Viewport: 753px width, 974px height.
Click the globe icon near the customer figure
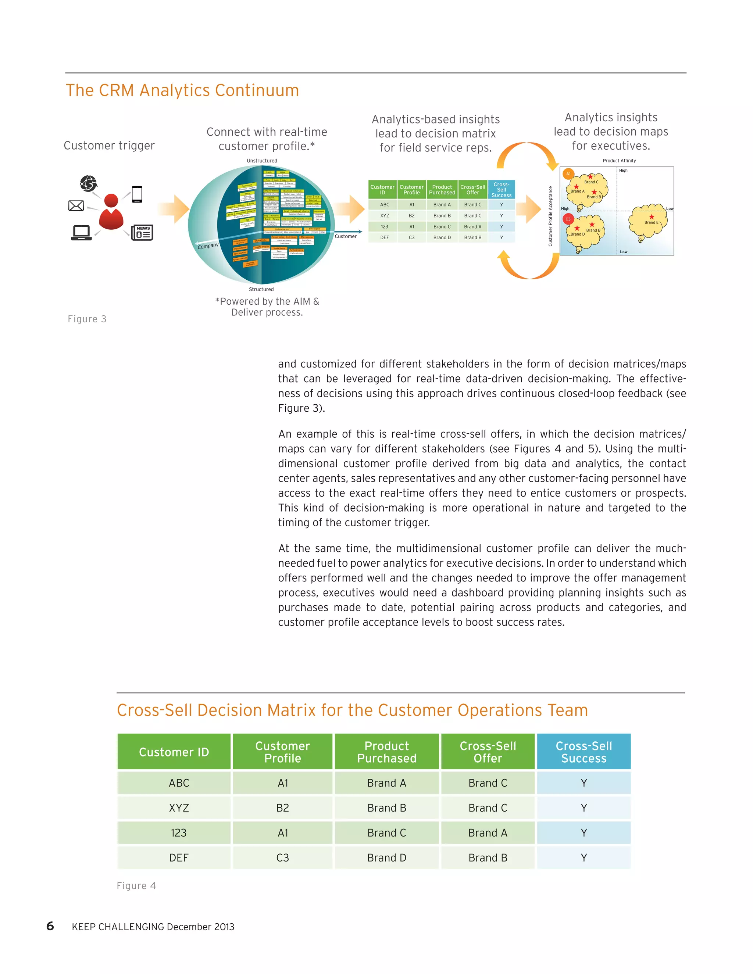pyautogui.click(x=88, y=183)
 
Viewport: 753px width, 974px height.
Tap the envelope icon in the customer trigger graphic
pyautogui.click(x=76, y=205)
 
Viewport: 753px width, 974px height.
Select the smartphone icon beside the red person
pyautogui.click(x=137, y=194)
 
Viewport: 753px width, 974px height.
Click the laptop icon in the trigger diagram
pyautogui.click(x=82, y=233)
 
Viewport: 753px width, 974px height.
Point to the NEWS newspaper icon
pyautogui.click(x=142, y=232)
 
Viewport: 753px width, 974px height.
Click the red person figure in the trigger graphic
pyautogui.click(x=111, y=212)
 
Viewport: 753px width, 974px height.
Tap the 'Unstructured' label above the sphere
pyautogui.click(x=262, y=161)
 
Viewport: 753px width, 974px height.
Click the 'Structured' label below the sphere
pyautogui.click(x=261, y=289)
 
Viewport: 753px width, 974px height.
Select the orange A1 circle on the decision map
pyautogui.click(x=568, y=174)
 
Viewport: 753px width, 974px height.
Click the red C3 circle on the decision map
pyautogui.click(x=568, y=219)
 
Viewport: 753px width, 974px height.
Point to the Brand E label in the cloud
pyautogui.click(x=651, y=222)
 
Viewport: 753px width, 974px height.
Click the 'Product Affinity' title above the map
pyautogui.click(x=619, y=161)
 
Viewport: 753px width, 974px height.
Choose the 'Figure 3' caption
pyautogui.click(x=87, y=319)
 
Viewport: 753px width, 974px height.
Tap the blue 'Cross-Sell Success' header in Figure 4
pyautogui.click(x=584, y=752)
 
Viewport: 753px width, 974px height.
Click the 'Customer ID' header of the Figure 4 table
pyautogui.click(x=174, y=752)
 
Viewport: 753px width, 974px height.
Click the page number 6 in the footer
pyautogui.click(x=50, y=926)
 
